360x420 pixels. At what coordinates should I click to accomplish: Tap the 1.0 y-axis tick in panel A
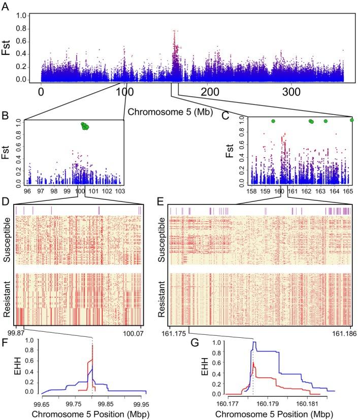(22, 16)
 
